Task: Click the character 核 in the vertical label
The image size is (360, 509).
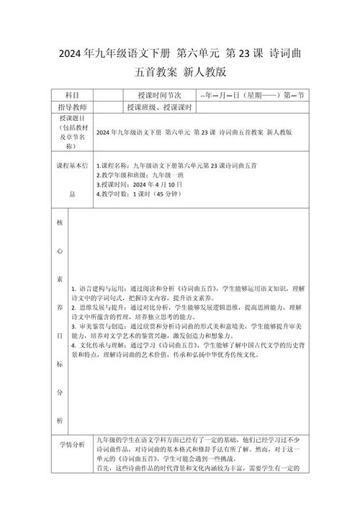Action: point(60,222)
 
